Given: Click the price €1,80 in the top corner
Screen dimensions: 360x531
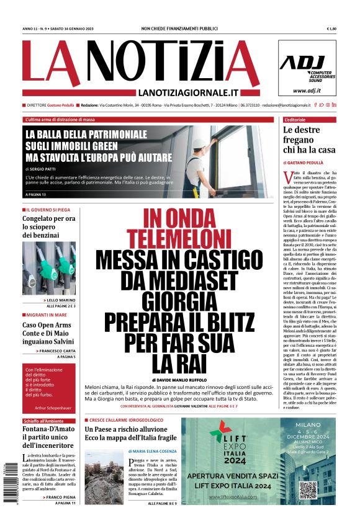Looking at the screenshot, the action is click(x=331, y=29).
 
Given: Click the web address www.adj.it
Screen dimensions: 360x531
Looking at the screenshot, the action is click(x=315, y=91).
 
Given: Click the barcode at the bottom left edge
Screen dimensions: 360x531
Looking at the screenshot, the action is click(x=7, y=486).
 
